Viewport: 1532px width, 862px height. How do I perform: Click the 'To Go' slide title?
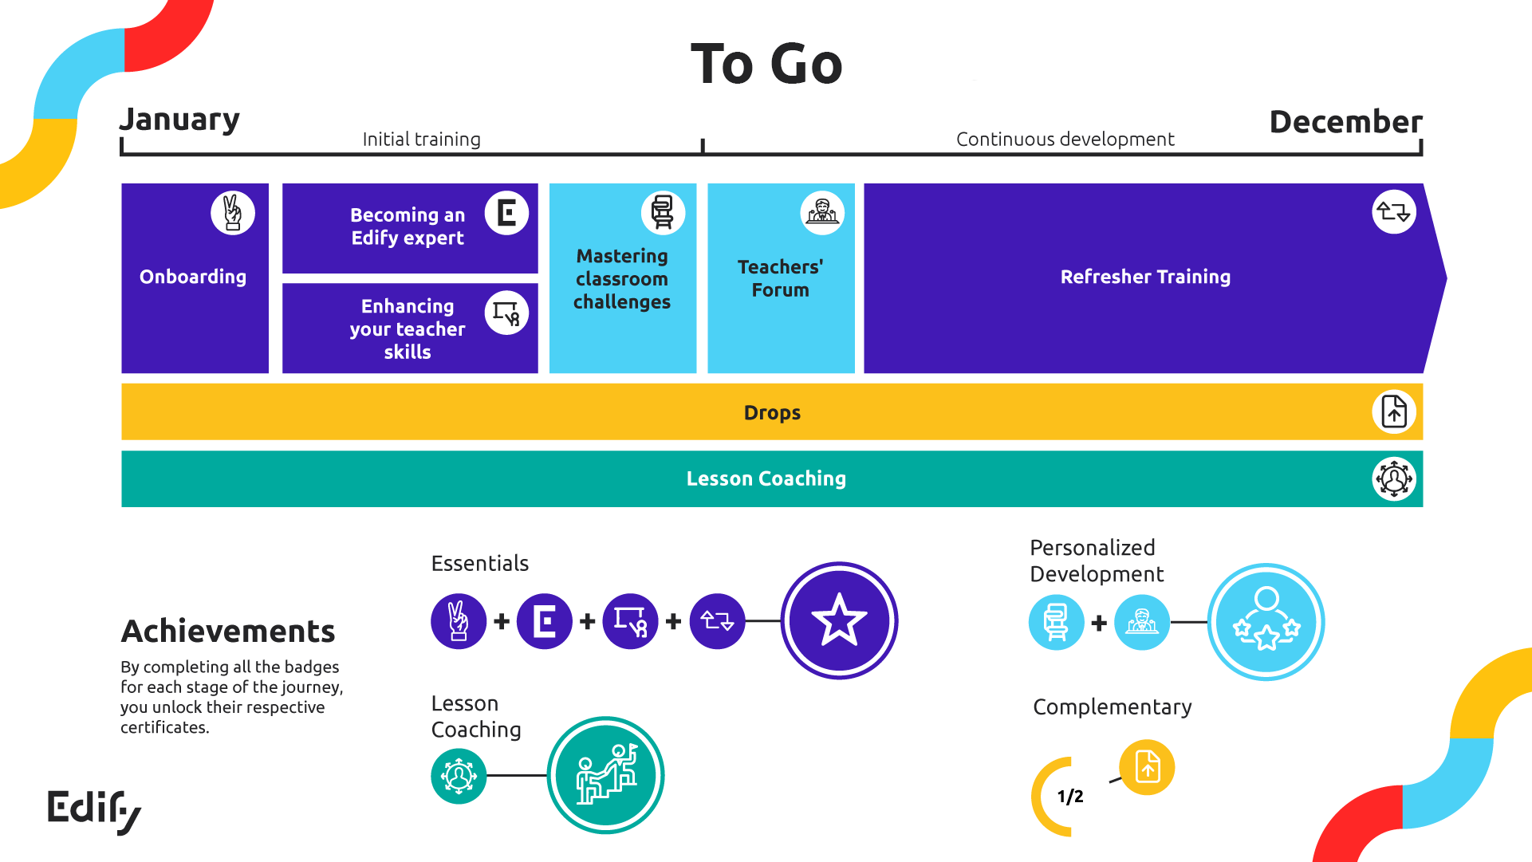point(766,64)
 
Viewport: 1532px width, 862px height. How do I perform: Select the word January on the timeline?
point(179,120)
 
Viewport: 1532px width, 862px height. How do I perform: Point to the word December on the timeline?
point(1345,122)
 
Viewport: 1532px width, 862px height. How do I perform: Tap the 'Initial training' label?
point(421,140)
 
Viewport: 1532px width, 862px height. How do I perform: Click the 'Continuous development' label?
point(1065,140)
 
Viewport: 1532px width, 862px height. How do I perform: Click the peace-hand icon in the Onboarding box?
point(233,213)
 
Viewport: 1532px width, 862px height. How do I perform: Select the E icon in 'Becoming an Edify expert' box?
point(506,213)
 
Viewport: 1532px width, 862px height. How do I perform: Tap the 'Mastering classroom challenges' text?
point(622,279)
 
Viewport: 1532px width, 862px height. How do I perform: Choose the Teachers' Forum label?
point(780,278)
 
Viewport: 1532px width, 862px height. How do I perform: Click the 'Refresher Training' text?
point(1145,277)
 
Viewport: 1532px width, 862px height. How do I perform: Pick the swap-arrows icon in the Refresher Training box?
point(1393,212)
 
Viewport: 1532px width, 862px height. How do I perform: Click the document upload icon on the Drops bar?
point(1393,412)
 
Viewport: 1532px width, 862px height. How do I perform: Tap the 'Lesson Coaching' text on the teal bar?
point(766,478)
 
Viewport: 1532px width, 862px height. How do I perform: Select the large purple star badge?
point(839,620)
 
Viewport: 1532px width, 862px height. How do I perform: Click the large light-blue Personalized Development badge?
point(1266,622)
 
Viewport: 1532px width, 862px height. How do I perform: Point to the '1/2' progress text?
point(1070,796)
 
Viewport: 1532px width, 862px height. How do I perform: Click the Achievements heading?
point(228,632)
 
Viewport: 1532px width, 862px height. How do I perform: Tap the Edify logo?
point(94,811)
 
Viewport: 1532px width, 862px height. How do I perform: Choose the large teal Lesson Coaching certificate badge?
point(605,775)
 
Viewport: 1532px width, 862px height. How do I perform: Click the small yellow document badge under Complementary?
point(1147,767)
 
